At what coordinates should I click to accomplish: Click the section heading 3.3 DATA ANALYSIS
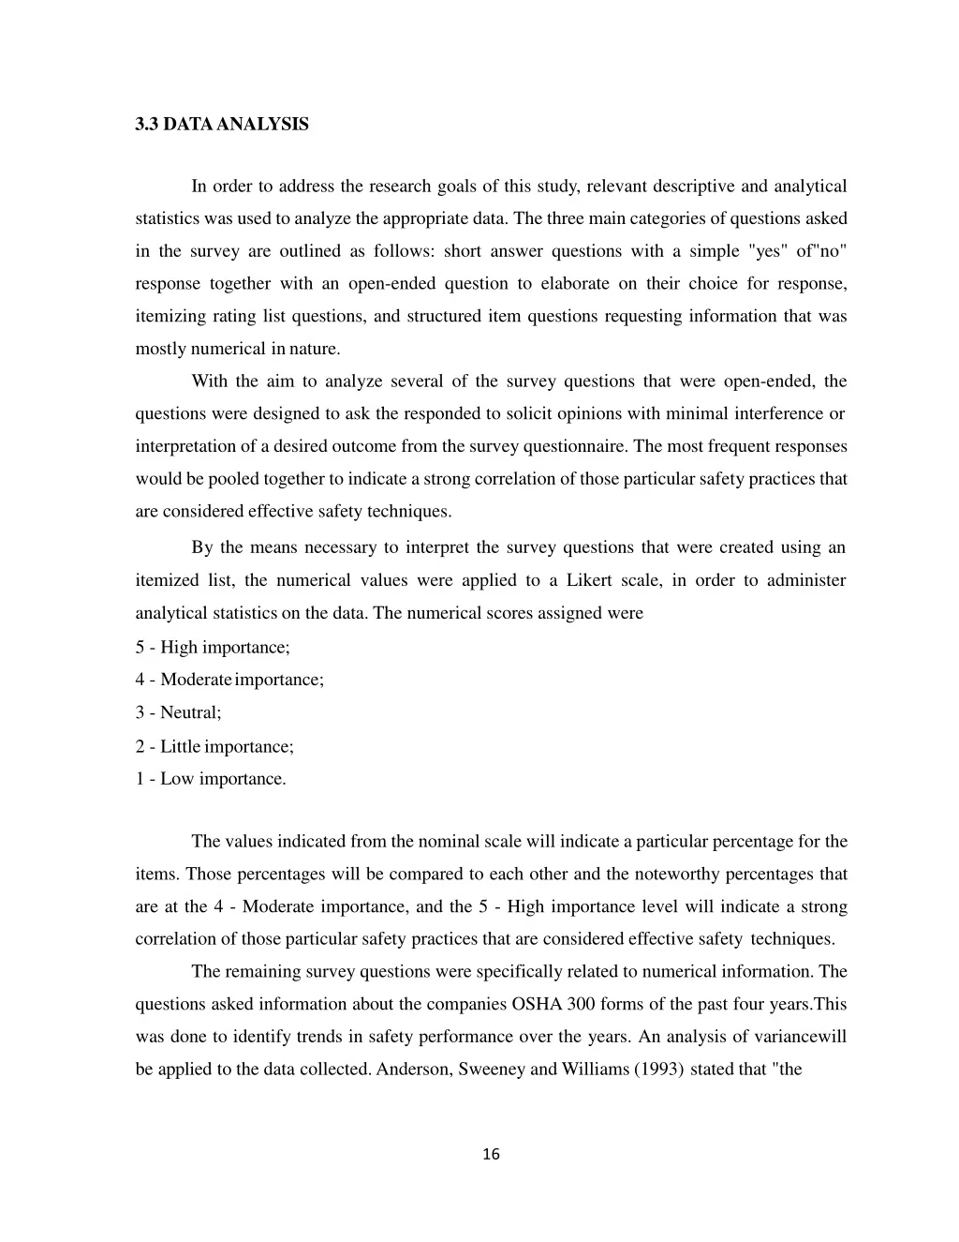221,124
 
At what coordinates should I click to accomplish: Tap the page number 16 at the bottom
491,1155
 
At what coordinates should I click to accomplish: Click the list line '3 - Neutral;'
178,712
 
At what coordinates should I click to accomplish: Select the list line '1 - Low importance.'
211,778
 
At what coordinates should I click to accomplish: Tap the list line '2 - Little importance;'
214,746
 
